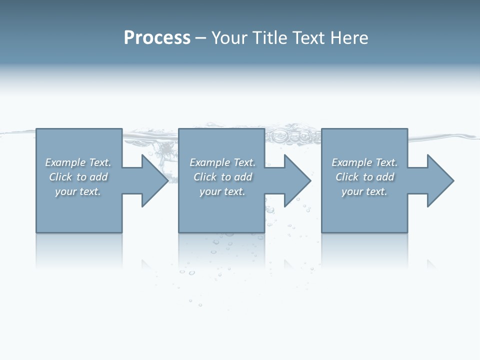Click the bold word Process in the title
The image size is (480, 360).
click(x=157, y=38)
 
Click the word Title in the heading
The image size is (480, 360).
click(x=269, y=38)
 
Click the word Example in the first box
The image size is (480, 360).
click(x=65, y=162)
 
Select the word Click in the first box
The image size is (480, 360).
click(x=60, y=177)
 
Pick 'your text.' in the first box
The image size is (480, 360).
click(x=78, y=191)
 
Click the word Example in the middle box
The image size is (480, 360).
click(x=209, y=162)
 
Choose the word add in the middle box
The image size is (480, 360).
click(x=243, y=177)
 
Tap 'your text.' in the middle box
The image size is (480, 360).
click(x=222, y=191)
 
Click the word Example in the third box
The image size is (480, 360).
click(x=351, y=162)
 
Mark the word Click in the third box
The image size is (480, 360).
click(x=347, y=177)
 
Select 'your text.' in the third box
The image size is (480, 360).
click(x=364, y=191)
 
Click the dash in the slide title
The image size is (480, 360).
click(x=200, y=38)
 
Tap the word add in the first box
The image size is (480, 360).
click(x=98, y=177)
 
